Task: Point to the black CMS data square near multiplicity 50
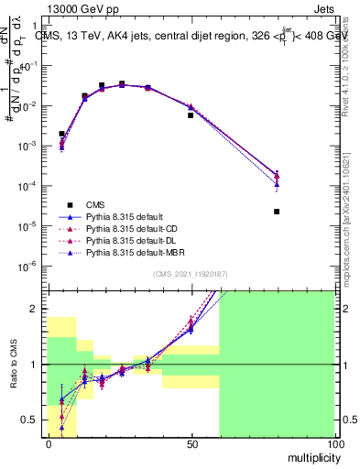191,115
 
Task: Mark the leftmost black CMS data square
61,134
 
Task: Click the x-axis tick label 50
191,443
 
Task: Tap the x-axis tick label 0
48,443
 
